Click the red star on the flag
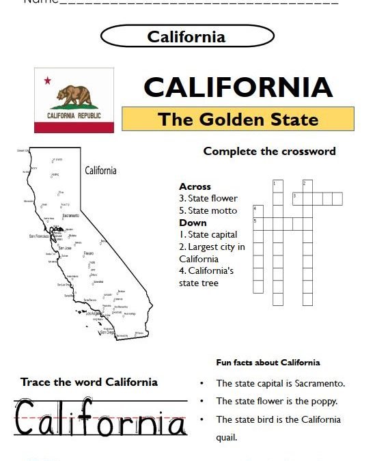[x=48, y=81]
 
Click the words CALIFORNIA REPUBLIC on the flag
[x=74, y=116]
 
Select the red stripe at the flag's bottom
[x=74, y=127]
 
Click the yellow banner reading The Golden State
[x=238, y=120]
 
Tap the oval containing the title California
[x=186, y=36]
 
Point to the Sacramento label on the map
[x=70, y=216]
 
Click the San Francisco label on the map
[x=40, y=236]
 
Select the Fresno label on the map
[x=89, y=253]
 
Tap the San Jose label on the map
[x=64, y=248]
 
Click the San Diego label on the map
[x=107, y=332]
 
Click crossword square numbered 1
[x=278, y=186]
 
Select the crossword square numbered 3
[x=297, y=199]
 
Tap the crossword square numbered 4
[x=258, y=211]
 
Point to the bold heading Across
[x=195, y=186]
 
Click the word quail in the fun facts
[x=226, y=438]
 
